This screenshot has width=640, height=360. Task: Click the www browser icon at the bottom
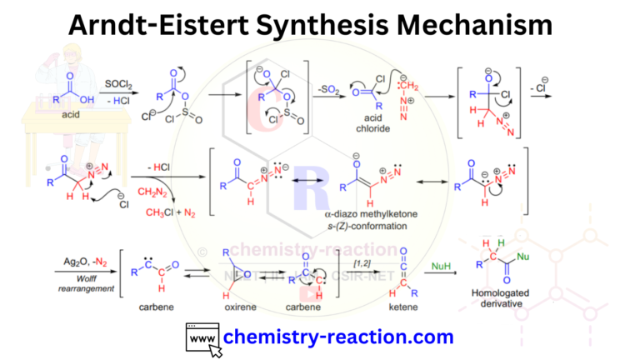pos(202,338)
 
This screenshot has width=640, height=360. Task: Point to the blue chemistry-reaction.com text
pos(338,337)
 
